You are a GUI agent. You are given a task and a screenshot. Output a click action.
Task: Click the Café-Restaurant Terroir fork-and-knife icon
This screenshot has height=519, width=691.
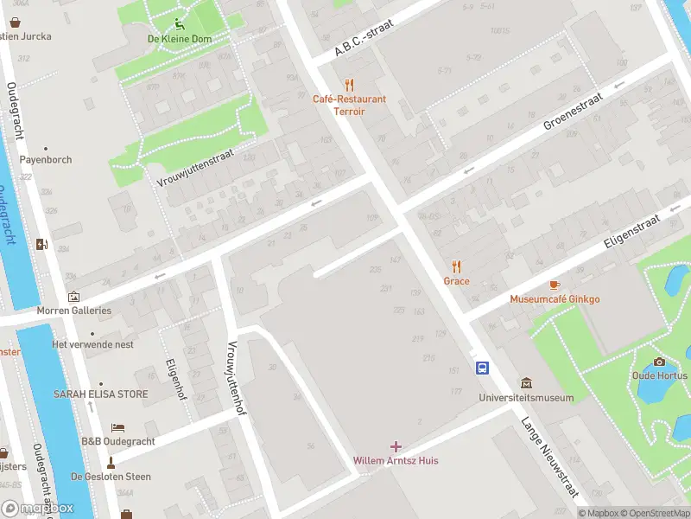[349, 85]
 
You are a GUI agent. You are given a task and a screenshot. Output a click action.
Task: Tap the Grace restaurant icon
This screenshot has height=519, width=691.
[457, 267]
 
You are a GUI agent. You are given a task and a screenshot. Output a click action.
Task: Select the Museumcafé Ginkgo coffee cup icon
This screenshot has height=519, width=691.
[555, 285]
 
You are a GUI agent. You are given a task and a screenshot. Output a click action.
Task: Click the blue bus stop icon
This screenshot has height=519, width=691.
[482, 368]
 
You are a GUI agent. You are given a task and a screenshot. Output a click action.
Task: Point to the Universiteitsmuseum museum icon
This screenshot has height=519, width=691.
[526, 383]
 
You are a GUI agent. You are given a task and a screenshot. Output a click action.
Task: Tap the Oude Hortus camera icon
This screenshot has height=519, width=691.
[660, 362]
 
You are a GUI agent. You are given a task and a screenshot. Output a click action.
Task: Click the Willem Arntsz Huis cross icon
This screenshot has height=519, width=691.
[396, 446]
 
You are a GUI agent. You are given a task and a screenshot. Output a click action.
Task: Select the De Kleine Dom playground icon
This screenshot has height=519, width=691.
[179, 24]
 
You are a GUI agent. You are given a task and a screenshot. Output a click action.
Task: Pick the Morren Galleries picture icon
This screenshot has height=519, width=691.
[73, 297]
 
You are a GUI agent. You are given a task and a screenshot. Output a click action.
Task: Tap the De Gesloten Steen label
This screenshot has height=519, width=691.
[111, 477]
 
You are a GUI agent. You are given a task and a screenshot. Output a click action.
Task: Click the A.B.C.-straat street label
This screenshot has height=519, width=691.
[369, 39]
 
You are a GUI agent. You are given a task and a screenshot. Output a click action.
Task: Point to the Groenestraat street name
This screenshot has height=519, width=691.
[571, 112]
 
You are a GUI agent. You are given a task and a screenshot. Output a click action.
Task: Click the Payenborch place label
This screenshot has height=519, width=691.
[46, 160]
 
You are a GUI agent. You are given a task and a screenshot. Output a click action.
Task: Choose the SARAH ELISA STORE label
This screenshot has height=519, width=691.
[101, 394]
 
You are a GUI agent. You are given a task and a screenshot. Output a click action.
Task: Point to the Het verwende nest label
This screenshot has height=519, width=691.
[92, 344]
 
